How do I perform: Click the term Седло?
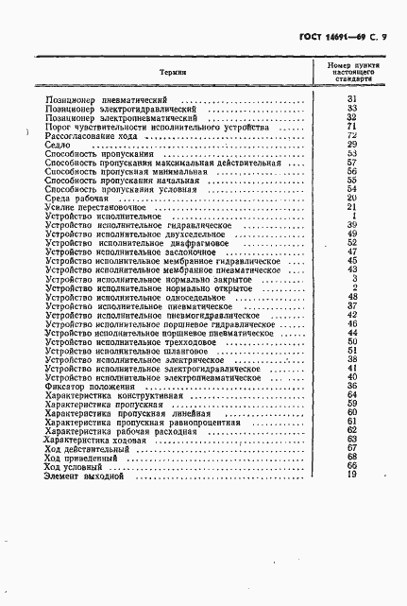56,144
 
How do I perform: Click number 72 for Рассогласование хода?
351,135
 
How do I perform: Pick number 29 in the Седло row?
351,144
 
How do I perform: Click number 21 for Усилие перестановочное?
351,207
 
